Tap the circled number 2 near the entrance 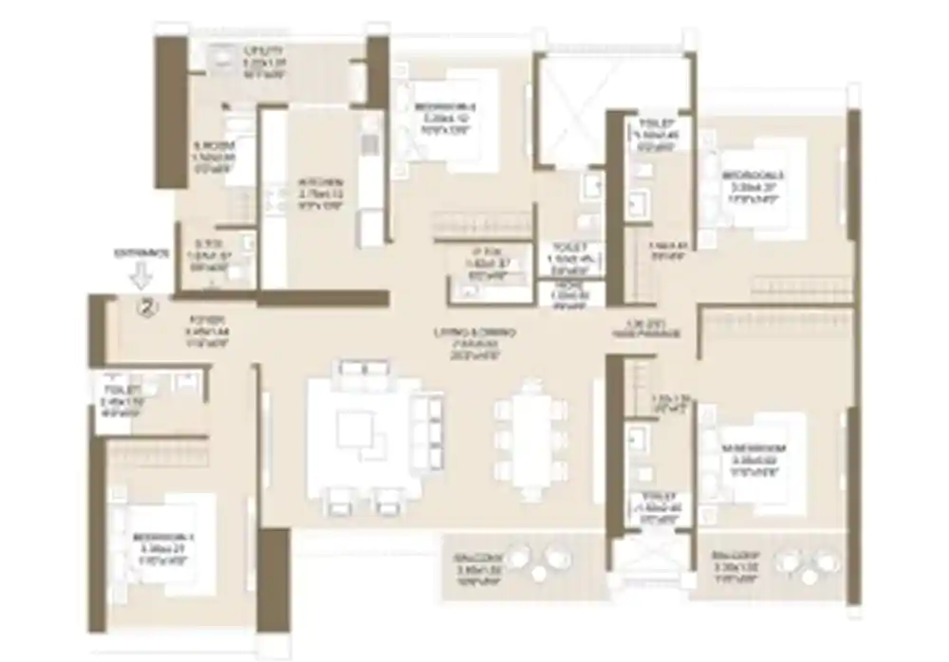click(146, 306)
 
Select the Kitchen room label click(319, 181)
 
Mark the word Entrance click(141, 254)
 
